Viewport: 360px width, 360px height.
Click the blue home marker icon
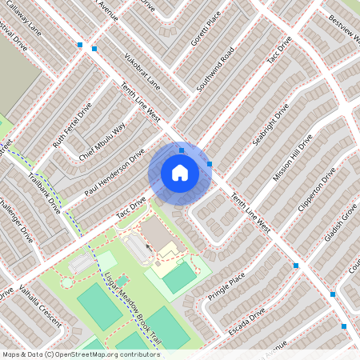tap(180, 173)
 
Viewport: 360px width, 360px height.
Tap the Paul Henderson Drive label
tap(114, 172)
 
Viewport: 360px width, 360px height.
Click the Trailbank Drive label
tap(44, 192)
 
